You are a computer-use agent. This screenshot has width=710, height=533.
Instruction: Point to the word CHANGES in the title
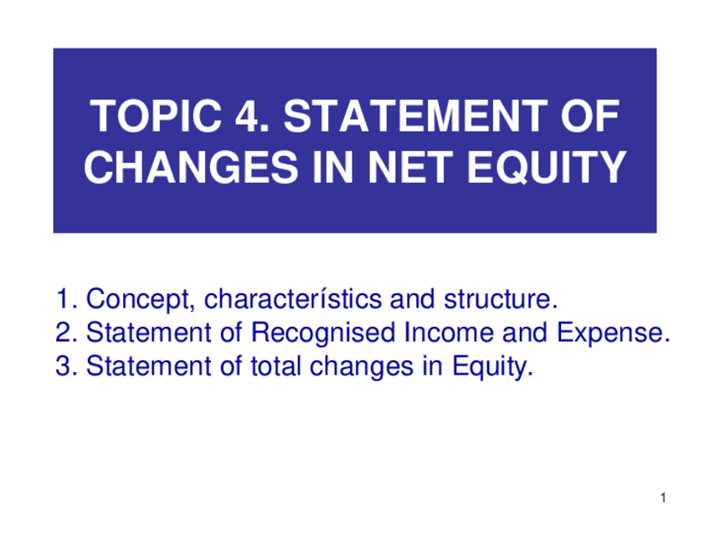click(191, 167)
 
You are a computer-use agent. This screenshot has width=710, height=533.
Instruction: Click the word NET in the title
click(410, 167)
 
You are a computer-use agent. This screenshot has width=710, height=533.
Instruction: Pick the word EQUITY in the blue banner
click(547, 168)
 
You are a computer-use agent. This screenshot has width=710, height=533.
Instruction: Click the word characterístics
click(293, 298)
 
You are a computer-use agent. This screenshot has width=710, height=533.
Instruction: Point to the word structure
click(501, 298)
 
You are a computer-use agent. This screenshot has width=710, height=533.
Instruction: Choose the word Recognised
click(323, 332)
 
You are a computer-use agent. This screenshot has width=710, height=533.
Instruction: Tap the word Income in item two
click(449, 332)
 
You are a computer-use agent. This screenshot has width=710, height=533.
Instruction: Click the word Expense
click(613, 334)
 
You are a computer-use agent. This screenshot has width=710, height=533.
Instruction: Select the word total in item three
click(275, 365)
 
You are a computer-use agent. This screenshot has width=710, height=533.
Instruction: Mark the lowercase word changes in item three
click(362, 367)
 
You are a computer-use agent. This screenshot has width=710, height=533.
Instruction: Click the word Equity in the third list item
click(492, 367)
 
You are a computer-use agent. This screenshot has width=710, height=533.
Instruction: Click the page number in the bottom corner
click(663, 498)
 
